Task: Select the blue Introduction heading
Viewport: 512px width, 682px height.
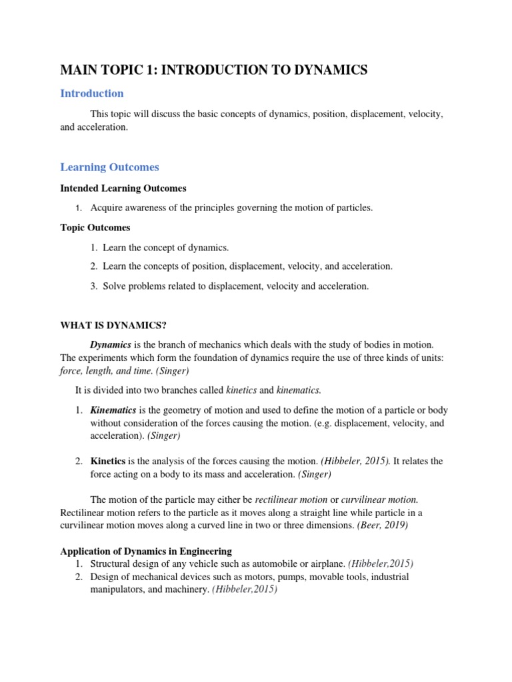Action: tap(92, 93)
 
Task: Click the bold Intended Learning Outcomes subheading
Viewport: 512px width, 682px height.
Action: tap(123, 188)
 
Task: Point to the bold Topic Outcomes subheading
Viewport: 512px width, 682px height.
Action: tap(95, 228)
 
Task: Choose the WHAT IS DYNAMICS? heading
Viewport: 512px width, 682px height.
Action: tap(113, 324)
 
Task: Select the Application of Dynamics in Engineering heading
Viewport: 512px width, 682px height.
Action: tap(146, 551)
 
